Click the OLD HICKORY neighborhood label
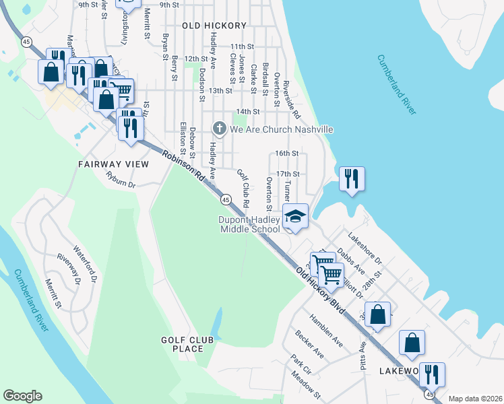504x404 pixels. click(x=214, y=26)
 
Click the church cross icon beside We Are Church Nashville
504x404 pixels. click(x=219, y=128)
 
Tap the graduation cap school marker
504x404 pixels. click(x=294, y=217)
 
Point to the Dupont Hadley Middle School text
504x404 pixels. click(x=249, y=225)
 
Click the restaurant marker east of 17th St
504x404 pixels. click(x=352, y=178)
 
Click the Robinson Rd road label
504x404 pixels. click(x=183, y=168)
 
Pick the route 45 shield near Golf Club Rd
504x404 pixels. click(x=226, y=200)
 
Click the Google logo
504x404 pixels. click(x=22, y=396)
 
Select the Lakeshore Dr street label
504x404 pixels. click(x=364, y=248)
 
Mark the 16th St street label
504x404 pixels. click(x=286, y=154)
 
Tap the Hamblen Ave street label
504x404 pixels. click(x=325, y=331)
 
